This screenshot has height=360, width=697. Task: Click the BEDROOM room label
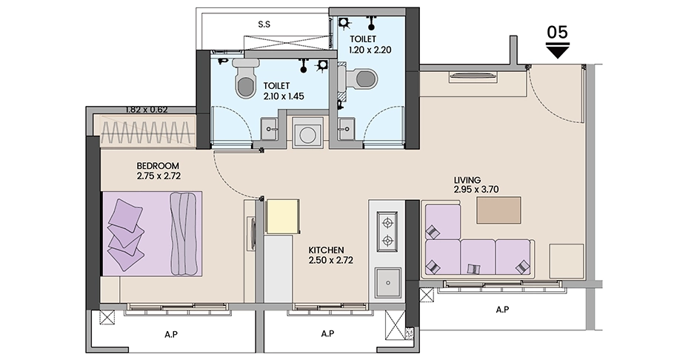[x=158, y=166]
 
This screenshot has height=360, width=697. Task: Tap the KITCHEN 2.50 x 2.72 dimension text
[x=331, y=255]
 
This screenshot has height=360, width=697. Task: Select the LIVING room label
[x=467, y=180]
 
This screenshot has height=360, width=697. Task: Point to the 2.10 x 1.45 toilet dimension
[x=283, y=96]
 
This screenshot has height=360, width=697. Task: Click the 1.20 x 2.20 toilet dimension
[x=370, y=50]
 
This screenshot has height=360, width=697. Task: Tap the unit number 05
[x=558, y=32]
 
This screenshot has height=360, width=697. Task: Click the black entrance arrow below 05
[x=558, y=50]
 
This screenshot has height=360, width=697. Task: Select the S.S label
[x=264, y=24]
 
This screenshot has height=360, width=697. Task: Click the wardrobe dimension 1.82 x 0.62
[x=147, y=110]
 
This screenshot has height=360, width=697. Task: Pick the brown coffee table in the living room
[x=498, y=210]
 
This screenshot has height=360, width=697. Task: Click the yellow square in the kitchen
[x=282, y=216]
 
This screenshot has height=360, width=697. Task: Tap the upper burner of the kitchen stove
[x=387, y=221]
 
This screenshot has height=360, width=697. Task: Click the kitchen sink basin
[x=388, y=283]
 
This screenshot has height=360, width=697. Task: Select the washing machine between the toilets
[x=307, y=133]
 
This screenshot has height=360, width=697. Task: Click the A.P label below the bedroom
[x=171, y=334]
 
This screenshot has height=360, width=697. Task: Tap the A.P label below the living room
[x=502, y=310]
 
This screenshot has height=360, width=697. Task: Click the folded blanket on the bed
[x=184, y=233]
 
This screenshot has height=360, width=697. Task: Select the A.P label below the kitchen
[x=327, y=333]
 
